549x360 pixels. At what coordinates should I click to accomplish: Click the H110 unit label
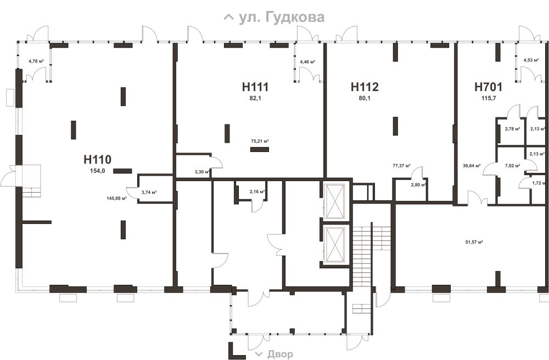pyautogui.click(x=97, y=160)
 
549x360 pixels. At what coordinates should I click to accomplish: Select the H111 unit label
pyautogui.click(x=255, y=87)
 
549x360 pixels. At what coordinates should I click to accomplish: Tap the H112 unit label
pyautogui.click(x=365, y=87)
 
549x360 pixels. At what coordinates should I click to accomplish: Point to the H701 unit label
pyautogui.click(x=489, y=87)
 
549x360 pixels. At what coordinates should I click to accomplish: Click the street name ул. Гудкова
pyautogui.click(x=282, y=17)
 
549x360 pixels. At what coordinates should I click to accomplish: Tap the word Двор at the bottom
pyautogui.click(x=280, y=355)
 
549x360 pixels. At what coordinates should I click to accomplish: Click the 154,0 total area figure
pyautogui.click(x=98, y=171)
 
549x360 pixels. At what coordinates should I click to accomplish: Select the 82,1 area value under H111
pyautogui.click(x=255, y=98)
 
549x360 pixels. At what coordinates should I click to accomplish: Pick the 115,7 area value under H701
pyautogui.click(x=489, y=98)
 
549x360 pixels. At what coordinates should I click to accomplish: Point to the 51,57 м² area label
pyautogui.click(x=474, y=242)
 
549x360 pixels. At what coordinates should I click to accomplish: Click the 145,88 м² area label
pyautogui.click(x=116, y=198)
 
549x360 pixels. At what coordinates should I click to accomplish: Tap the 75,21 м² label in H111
pyautogui.click(x=260, y=142)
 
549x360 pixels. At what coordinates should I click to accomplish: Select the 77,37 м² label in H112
pyautogui.click(x=402, y=166)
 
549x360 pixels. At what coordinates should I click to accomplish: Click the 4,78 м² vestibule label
pyautogui.click(x=36, y=61)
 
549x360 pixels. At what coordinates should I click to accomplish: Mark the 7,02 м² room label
pyautogui.click(x=512, y=166)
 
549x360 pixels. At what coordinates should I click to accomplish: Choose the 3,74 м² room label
pyautogui.click(x=149, y=192)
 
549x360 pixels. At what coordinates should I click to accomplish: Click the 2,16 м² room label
pyautogui.click(x=257, y=192)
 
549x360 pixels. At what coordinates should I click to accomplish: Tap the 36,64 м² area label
pyautogui.click(x=471, y=166)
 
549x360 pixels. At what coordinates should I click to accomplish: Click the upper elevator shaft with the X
pyautogui.click(x=335, y=200)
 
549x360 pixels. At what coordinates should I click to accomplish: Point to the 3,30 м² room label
pyautogui.click(x=202, y=172)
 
